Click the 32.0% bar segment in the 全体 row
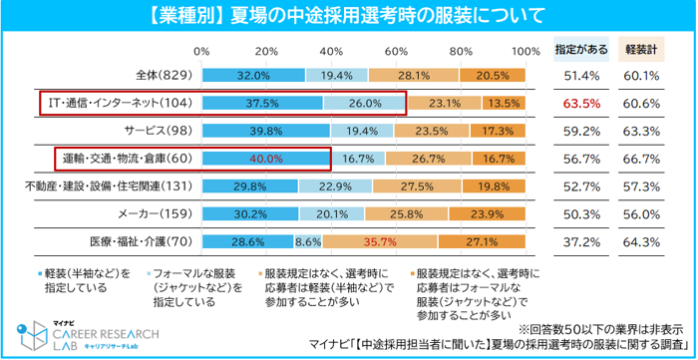point(253,75)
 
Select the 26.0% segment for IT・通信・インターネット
point(365,104)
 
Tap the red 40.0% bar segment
point(266,159)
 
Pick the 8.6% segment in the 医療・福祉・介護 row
point(308,241)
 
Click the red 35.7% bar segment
point(380,241)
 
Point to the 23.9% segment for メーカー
point(487,214)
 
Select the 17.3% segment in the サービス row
point(498,131)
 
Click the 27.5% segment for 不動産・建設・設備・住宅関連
point(417,186)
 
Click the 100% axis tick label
point(525,51)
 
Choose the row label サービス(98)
point(159,131)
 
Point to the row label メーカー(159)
point(156,214)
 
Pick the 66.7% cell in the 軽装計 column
point(641,159)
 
